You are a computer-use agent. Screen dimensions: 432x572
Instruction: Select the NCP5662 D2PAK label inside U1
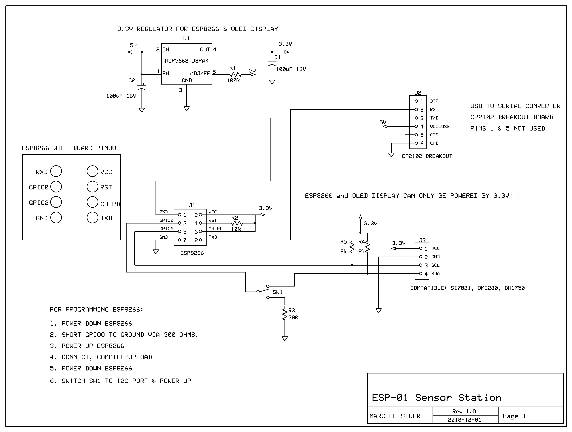click(186, 61)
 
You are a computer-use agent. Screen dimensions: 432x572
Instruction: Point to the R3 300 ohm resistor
click(285, 314)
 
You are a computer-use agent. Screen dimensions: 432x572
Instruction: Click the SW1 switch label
click(277, 292)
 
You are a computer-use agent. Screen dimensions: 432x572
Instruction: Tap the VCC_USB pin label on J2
click(440, 126)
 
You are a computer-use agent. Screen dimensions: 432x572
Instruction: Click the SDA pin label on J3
click(436, 274)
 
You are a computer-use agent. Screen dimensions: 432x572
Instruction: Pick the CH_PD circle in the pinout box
click(92, 202)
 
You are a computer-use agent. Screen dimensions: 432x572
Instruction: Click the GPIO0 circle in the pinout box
click(56, 187)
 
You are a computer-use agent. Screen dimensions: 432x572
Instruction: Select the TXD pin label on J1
click(213, 237)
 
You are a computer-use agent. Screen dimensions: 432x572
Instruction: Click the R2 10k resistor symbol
click(237, 223)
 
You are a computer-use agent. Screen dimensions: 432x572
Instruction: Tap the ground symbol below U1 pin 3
click(186, 109)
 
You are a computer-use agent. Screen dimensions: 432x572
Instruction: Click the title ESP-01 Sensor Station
click(436, 398)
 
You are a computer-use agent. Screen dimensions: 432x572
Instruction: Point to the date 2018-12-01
click(465, 420)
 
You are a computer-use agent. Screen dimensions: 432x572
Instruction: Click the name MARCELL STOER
click(395, 416)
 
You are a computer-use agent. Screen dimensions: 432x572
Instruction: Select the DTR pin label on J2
click(434, 101)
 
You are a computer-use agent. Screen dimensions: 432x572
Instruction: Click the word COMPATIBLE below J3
click(428, 288)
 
